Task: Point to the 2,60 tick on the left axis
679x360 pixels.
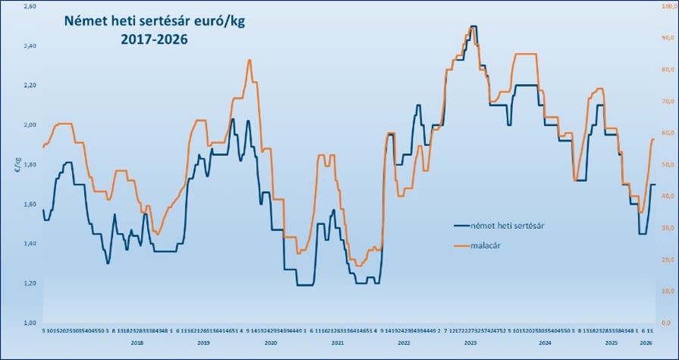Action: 29,7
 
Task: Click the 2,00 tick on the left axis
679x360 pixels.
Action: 29,125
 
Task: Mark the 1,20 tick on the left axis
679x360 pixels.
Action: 29,283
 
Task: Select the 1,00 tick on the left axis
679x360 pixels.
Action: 29,322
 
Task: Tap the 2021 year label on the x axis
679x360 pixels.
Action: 338,343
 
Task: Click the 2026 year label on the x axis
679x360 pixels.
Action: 648,343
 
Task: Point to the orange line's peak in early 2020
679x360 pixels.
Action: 249,60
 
